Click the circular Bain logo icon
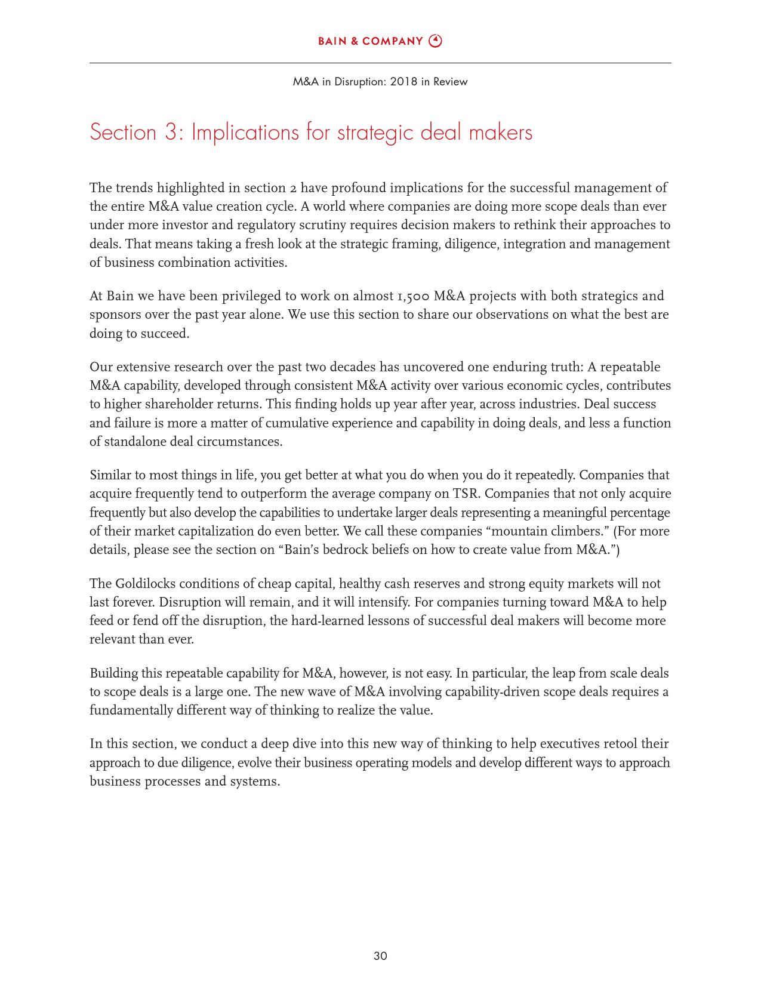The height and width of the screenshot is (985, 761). tap(436, 41)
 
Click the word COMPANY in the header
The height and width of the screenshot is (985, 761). tap(392, 41)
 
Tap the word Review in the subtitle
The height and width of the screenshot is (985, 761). tap(450, 82)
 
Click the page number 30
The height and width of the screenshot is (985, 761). tap(380, 956)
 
